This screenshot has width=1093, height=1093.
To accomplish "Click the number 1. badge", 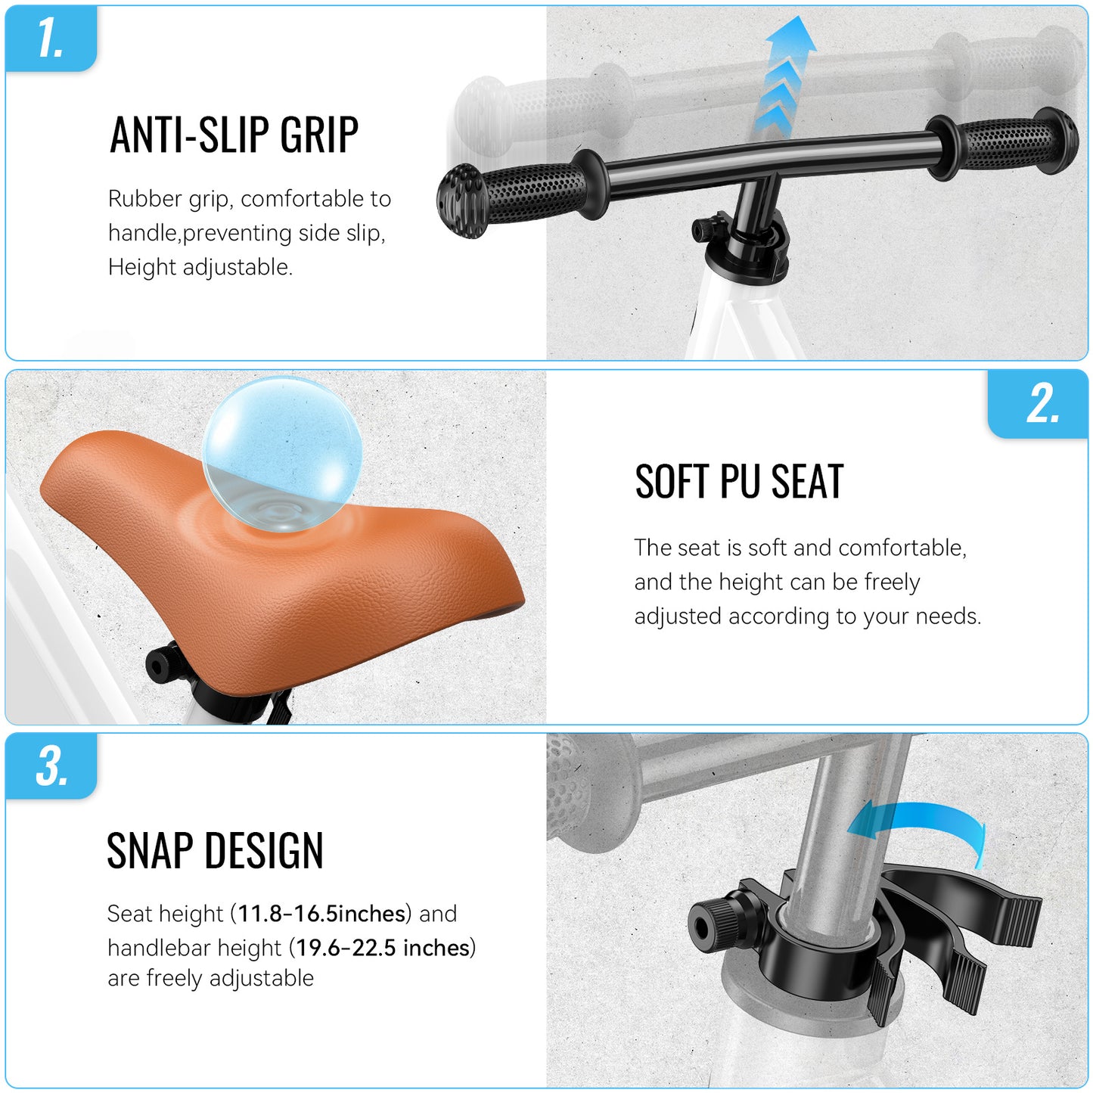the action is (x=51, y=39).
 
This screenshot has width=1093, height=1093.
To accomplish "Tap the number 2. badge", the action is (x=1038, y=404).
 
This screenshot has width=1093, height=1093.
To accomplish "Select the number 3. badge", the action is (x=51, y=766).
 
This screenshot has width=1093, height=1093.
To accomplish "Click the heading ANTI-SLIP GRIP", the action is (x=234, y=135).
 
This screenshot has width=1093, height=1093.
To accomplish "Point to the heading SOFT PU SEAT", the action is (x=740, y=482).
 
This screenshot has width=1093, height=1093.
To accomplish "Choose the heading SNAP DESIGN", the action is (x=215, y=851).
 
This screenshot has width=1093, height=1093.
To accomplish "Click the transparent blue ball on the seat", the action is (x=282, y=454).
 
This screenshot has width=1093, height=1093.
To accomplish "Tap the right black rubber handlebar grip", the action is (x=1003, y=144).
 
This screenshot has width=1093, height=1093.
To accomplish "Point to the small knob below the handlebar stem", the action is (x=704, y=230).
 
